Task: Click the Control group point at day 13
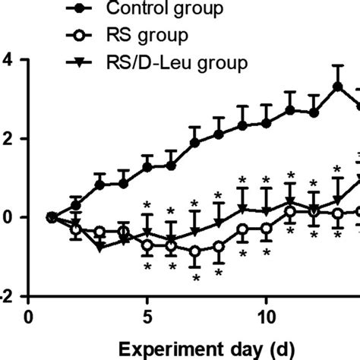337,87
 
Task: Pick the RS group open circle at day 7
195,251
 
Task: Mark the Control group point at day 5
147,167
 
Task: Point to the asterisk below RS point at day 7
195,278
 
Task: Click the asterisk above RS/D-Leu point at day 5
147,205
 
